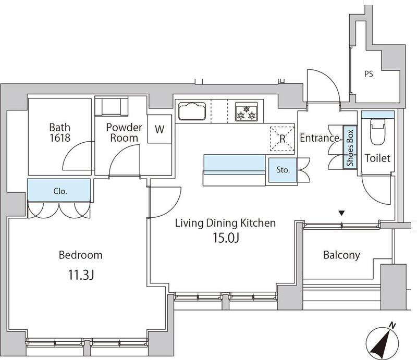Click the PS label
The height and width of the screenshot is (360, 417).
tap(369, 74)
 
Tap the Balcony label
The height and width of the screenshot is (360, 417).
tap(342, 255)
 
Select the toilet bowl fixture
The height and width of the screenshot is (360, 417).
tap(377, 132)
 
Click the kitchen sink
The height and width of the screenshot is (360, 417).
tap(192, 111)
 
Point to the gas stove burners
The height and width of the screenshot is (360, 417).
tap(246, 112)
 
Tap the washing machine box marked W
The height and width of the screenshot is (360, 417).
tap(160, 129)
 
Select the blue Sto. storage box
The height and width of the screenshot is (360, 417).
tap(283, 170)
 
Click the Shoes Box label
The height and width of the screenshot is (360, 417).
tap(350, 147)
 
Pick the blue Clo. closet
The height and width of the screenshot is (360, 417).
tap(59, 190)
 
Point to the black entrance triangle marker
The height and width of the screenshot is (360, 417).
tap(342, 213)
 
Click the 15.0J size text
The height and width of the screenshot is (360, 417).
tap(226, 238)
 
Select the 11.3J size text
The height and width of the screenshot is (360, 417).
tap(81, 275)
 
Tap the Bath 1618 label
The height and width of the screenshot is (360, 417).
tap(60, 132)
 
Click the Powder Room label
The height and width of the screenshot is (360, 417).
tap(124, 132)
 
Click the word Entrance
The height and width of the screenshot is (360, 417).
tap(319, 138)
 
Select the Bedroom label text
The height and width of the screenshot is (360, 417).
tap(81, 255)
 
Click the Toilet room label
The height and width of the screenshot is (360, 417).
tap(377, 158)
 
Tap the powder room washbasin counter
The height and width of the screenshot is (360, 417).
tap(112, 106)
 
